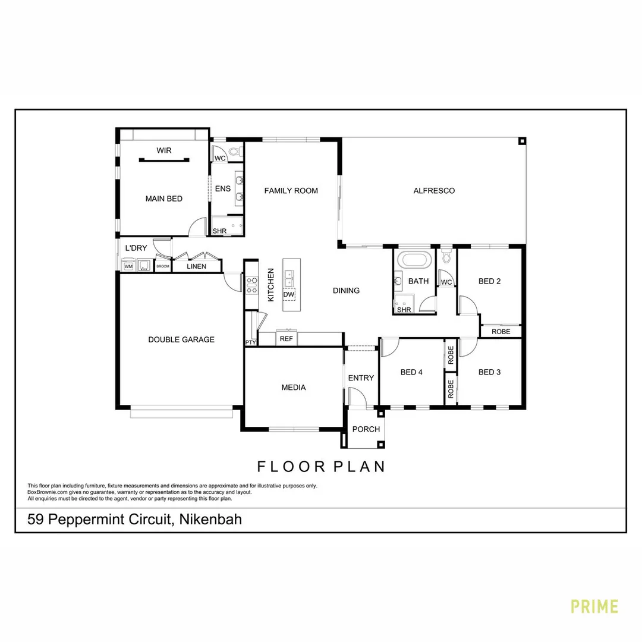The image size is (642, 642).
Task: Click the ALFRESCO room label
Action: pos(434,191)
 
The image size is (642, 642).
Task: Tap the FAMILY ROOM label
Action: pos(291,191)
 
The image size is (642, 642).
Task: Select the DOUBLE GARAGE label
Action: pos(181,339)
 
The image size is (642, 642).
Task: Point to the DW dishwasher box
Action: pos(288,294)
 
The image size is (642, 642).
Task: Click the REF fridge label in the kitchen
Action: pos(287,339)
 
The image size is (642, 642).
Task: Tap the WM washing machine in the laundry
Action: pos(128,266)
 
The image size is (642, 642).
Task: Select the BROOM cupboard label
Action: pos(163,266)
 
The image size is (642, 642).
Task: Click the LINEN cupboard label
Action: pos(196,266)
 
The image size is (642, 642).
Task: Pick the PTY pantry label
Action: pos(250,342)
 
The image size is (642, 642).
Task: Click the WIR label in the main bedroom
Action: pos(164,150)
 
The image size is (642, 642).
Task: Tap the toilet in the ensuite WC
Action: pos(234,152)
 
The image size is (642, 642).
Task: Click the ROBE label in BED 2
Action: pos(501,331)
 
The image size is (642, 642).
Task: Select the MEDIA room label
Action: pos(294,388)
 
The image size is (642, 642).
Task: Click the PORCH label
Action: pos(366,429)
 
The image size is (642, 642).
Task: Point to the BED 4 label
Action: pos(411,372)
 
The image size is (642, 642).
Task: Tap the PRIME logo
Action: pos(594,606)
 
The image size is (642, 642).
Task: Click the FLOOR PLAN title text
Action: pos(321,466)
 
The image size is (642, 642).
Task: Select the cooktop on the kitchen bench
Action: pos(251,285)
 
